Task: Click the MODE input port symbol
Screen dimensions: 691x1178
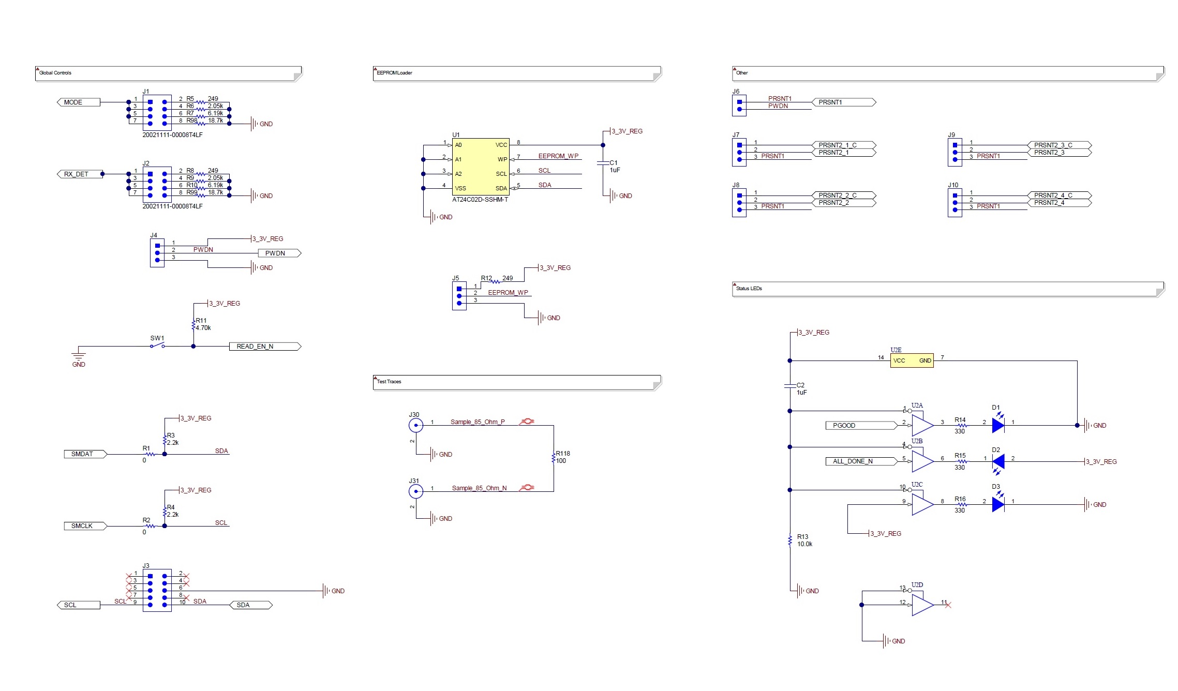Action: (78, 102)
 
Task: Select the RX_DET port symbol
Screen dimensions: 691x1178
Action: (78, 174)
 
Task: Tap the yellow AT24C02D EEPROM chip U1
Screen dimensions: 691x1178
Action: (481, 167)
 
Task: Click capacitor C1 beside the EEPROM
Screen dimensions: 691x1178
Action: (603, 163)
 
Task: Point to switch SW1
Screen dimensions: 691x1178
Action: (157, 345)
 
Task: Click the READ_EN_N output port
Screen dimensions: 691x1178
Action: (264, 347)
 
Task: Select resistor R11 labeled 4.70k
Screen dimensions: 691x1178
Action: (194, 325)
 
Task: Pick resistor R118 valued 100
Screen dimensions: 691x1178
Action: (554, 458)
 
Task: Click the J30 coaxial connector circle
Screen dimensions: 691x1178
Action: (416, 426)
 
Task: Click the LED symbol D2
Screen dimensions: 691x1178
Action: (998, 461)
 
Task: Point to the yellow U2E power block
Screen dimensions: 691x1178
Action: (912, 360)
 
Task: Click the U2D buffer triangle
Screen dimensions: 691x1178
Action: (922, 605)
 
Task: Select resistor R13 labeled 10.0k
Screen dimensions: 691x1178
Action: (790, 540)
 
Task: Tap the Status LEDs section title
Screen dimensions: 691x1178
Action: (749, 289)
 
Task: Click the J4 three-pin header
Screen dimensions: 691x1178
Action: (157, 253)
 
